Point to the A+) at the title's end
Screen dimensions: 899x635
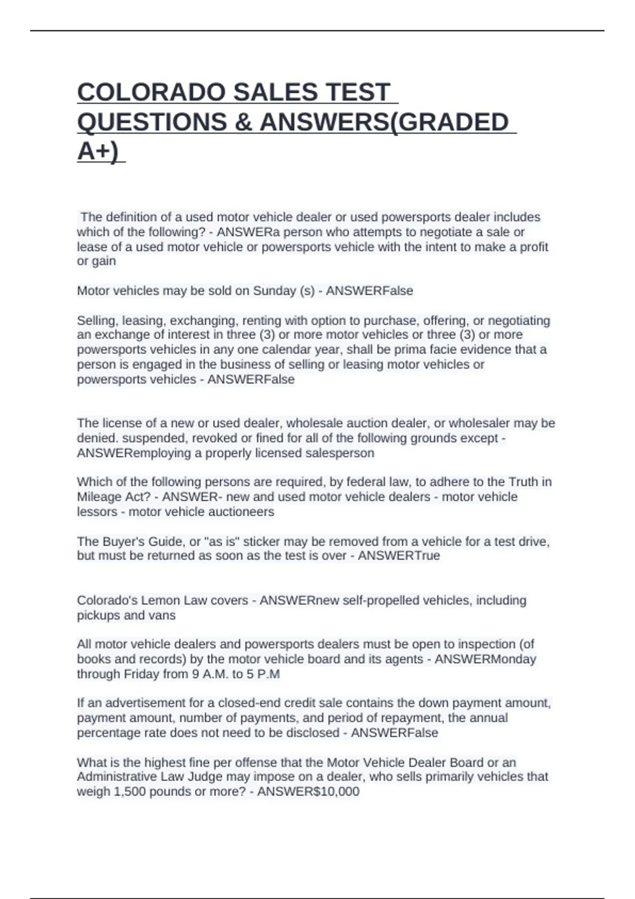pyautogui.click(x=98, y=151)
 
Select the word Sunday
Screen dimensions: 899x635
pyautogui.click(x=275, y=291)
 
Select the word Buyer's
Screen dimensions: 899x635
pyautogui.click(x=124, y=542)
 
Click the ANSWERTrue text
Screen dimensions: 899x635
pyautogui.click(x=399, y=556)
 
